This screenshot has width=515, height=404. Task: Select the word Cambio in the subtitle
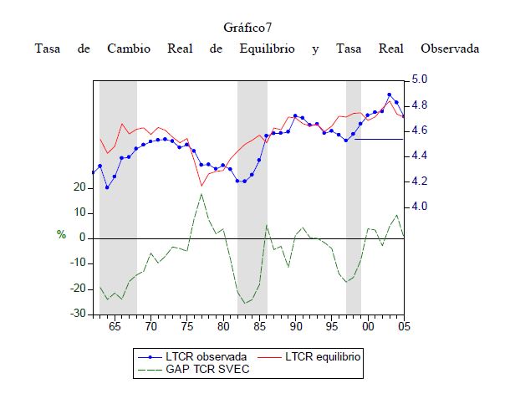(x=129, y=49)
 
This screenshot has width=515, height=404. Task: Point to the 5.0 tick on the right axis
(x=419, y=80)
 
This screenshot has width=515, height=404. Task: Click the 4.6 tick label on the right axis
(x=419, y=130)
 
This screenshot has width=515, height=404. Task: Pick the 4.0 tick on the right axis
(x=419, y=207)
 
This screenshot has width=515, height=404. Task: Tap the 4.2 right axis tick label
(x=419, y=182)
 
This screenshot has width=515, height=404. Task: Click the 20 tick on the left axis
(x=80, y=188)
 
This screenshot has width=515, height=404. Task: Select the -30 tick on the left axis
(x=78, y=314)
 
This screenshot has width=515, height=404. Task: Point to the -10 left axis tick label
(x=78, y=263)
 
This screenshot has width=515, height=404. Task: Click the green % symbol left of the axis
(x=61, y=235)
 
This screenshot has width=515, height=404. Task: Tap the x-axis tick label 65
(x=115, y=326)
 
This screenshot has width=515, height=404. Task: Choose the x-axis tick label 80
(x=223, y=326)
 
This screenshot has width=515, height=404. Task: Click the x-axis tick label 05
(x=403, y=326)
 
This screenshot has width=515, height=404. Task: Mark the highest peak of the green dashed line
(x=201, y=194)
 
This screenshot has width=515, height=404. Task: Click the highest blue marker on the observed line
(x=390, y=95)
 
